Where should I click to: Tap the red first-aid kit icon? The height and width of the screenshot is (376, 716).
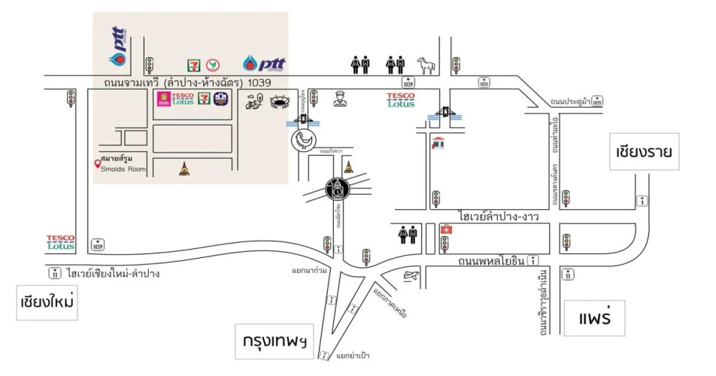coord(445,229)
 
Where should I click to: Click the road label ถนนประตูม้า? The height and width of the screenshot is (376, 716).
coord(569,102)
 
